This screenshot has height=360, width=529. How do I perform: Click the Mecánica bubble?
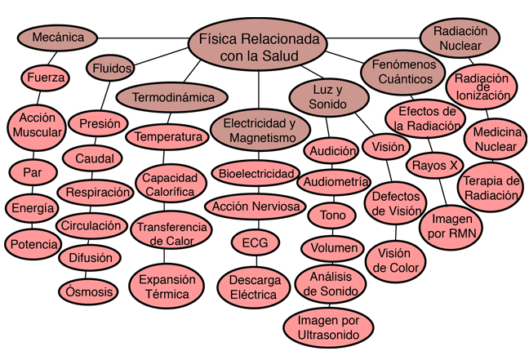pyautogui.click(x=57, y=38)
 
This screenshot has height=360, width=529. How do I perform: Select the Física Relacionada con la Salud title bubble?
pyautogui.click(x=258, y=47)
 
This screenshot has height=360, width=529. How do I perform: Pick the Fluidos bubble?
pyautogui.click(x=110, y=68)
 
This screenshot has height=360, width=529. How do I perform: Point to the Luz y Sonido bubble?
pyautogui.click(x=328, y=97)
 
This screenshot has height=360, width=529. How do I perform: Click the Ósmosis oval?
pyautogui.click(x=87, y=291)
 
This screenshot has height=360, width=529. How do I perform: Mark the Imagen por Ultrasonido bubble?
pyautogui.click(x=329, y=327)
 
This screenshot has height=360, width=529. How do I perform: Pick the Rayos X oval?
pyautogui.click(x=435, y=166)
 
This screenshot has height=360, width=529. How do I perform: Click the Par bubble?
pyautogui.click(x=32, y=173)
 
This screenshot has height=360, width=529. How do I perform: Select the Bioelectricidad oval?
pyautogui.click(x=256, y=174)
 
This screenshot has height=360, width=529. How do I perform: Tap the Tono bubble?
pyautogui.click(x=332, y=216)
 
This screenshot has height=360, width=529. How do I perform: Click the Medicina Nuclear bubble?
pyautogui.click(x=496, y=140)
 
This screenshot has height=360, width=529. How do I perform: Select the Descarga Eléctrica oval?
pyautogui.click(x=254, y=287)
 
